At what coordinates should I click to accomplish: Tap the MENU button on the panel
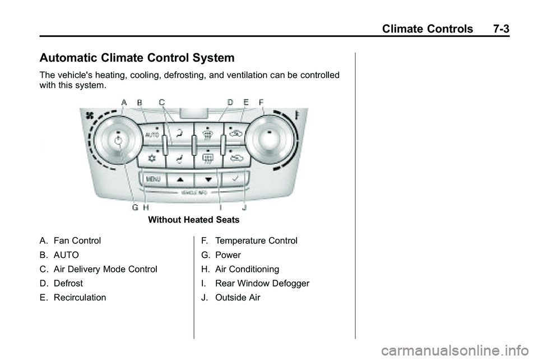tap(153, 179)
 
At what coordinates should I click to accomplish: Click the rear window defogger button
tap(207, 158)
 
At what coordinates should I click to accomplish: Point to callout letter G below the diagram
tap(135, 207)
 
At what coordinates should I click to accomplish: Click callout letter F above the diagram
tap(261, 102)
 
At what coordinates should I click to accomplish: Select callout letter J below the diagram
tap(244, 207)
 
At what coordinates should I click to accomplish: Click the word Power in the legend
tap(228, 255)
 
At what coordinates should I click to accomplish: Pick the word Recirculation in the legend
tap(80, 298)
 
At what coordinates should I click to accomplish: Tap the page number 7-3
tap(496, 29)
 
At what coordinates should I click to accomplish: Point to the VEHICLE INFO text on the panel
tap(194, 192)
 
